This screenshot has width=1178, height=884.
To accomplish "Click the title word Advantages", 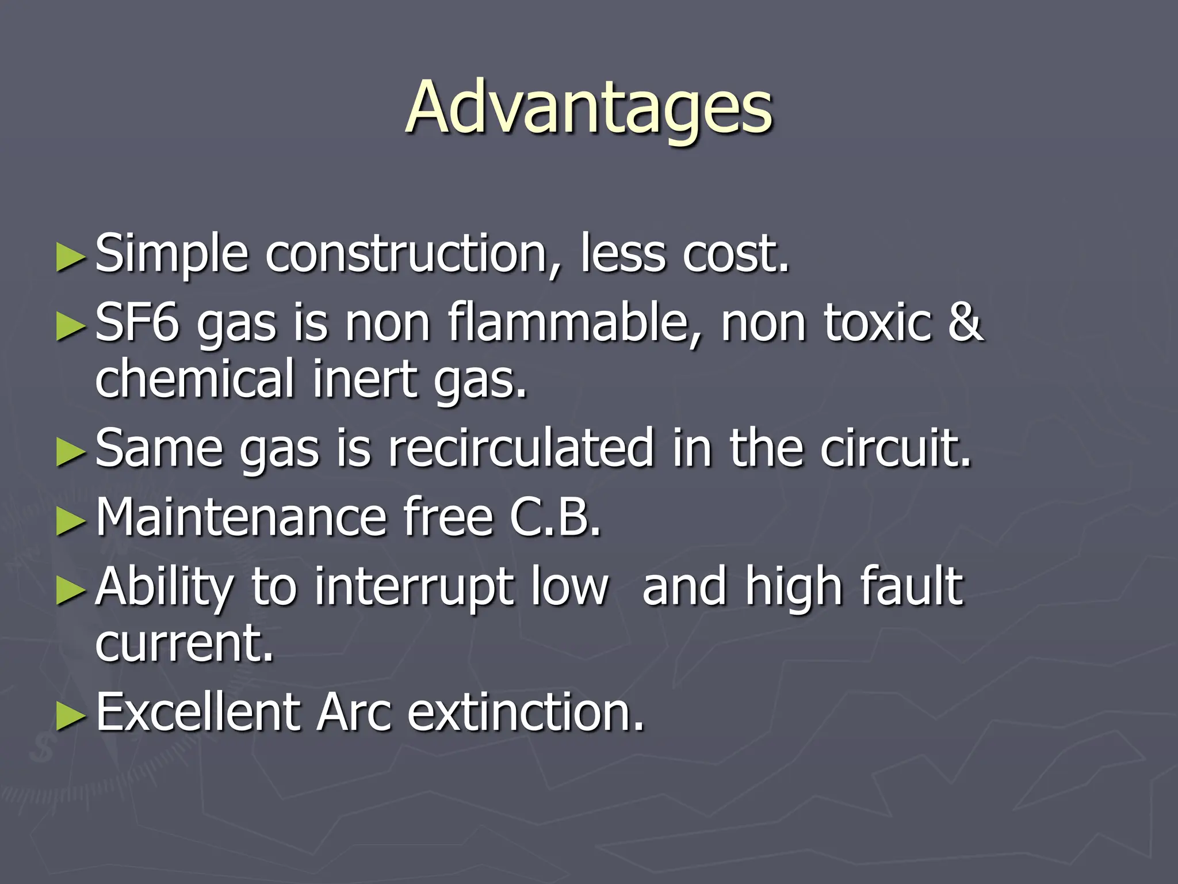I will click(589, 108).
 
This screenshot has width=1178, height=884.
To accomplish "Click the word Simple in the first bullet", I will click(171, 253).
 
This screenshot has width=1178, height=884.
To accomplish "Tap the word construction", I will click(406, 253).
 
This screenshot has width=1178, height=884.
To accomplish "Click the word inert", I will click(365, 378).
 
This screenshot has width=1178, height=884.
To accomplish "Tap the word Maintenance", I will click(241, 516).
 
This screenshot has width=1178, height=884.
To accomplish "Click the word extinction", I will click(526, 712).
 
